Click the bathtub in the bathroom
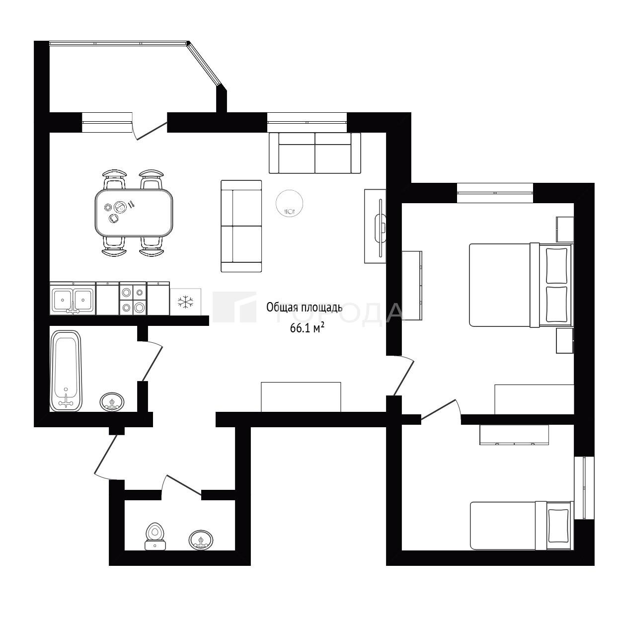67,371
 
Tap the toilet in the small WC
155,537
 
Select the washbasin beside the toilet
201,540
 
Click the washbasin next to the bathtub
112,401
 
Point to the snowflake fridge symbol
186,302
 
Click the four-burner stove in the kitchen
133,299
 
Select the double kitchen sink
73,299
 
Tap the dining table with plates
134,213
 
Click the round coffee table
290,203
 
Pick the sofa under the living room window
315,153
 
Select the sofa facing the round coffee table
241,226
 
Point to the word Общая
279,308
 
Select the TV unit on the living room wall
375,226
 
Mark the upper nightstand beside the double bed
565,229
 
